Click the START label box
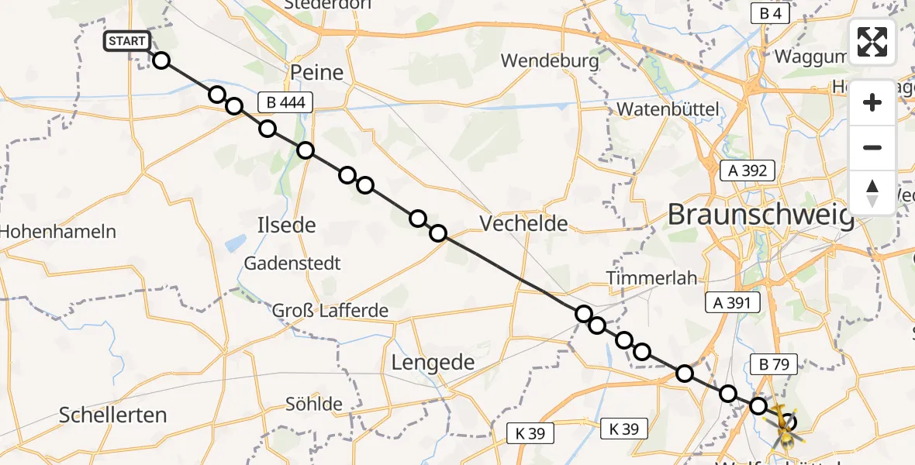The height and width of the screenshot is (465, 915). point(126,42)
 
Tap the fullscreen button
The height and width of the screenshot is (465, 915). point(872,42)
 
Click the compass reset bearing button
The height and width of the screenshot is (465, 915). point(872,193)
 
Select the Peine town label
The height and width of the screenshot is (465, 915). point(316,74)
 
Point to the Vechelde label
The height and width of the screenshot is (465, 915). point(523,224)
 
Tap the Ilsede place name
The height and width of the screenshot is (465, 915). point(286,226)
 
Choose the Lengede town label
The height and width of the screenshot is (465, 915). point(433,362)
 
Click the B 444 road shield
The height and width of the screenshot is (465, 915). point(285,102)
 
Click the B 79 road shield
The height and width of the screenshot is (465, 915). point(772,363)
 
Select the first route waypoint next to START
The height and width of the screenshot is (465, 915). point(161,60)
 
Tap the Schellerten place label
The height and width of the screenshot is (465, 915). point(113,415)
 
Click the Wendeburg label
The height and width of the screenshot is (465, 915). point(550,60)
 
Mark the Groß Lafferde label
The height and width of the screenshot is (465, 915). point(330,311)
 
